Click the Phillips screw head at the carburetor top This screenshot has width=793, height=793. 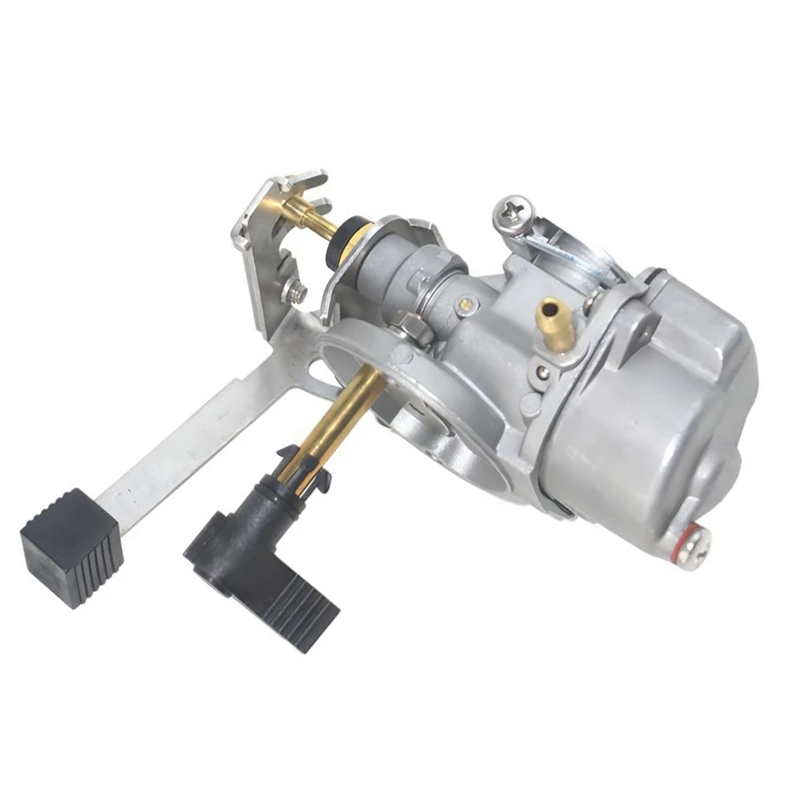pos(513,210)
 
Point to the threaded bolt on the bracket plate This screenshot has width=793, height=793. pos(294,290)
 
